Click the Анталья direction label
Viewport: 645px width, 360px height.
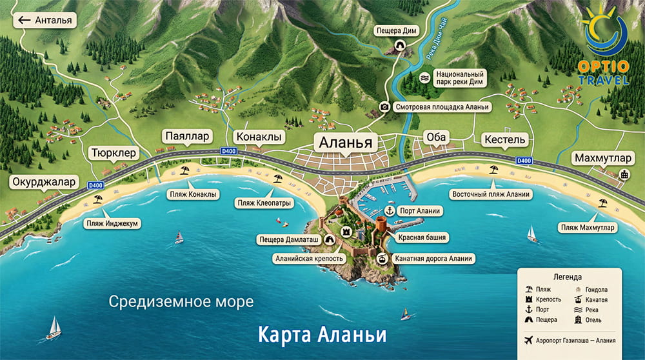[x=45, y=20]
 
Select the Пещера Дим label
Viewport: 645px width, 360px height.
[x=398, y=30]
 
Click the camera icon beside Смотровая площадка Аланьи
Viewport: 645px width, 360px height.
[x=384, y=107]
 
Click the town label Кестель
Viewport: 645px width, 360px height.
[x=504, y=139]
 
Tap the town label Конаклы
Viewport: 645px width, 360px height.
[x=259, y=137]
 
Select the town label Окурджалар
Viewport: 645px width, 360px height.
[x=44, y=181]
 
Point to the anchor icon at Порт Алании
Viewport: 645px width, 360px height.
[x=390, y=211]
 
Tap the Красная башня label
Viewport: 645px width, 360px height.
[x=422, y=237]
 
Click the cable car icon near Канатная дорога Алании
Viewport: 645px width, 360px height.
[x=382, y=259]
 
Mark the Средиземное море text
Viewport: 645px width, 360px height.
[x=181, y=301]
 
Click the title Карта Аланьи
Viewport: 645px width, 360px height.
[x=322, y=335]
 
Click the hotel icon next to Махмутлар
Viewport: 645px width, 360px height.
[x=624, y=174]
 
